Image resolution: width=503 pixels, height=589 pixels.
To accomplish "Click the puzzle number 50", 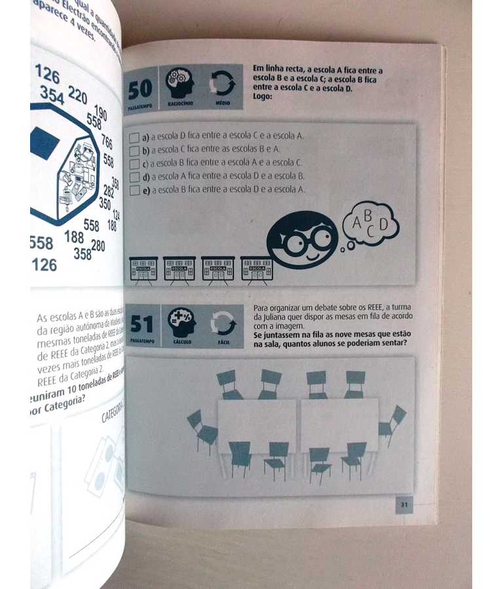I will click(140, 88).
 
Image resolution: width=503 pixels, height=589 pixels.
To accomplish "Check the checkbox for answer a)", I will click(134, 137).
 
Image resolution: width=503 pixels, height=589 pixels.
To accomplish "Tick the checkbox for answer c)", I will click(134, 164).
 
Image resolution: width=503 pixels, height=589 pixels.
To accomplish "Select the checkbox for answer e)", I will click(134, 190).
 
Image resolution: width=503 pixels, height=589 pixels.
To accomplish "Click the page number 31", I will click(404, 505).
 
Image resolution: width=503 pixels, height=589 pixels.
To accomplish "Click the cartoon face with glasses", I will click(303, 240).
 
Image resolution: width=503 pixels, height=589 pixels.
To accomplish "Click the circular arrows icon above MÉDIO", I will click(222, 84).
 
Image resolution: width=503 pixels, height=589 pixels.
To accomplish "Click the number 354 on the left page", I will click(52, 95).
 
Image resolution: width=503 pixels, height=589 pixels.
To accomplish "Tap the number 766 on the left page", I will click(105, 142).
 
